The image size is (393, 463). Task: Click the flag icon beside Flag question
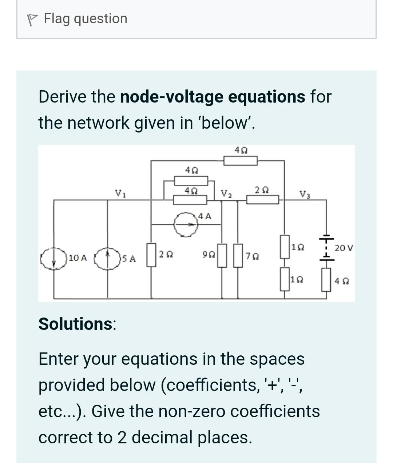33,19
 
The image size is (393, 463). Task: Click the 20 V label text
344,248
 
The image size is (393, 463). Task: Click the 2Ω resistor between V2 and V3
263,199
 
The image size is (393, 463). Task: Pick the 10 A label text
78,258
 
